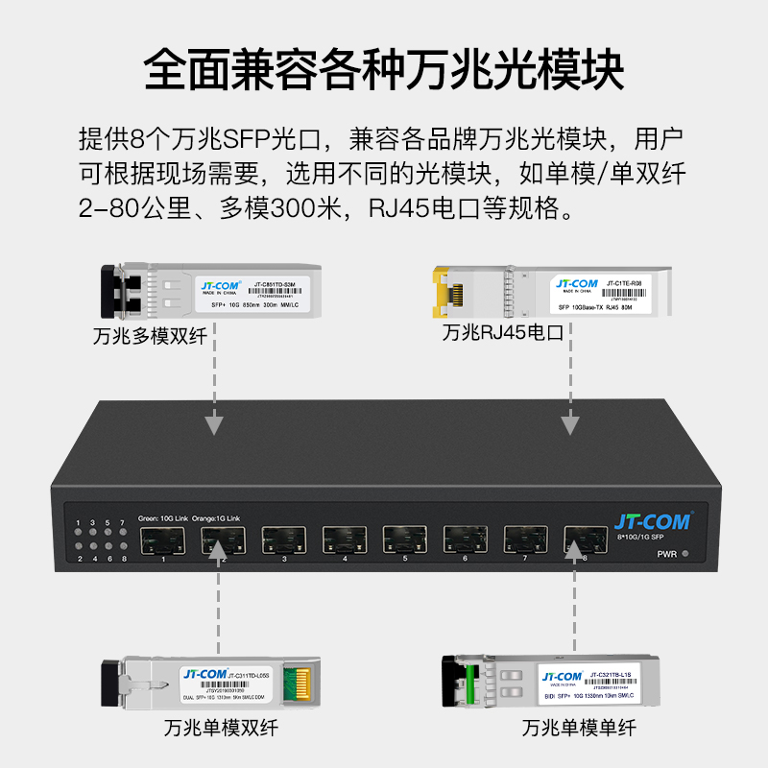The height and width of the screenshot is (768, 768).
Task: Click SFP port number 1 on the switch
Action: point(164,540)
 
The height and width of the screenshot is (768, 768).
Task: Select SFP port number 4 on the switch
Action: point(345,540)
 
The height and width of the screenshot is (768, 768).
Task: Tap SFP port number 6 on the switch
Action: point(466,540)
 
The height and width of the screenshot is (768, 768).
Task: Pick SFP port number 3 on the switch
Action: point(284,540)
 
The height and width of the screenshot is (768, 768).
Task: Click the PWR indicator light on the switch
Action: point(685,555)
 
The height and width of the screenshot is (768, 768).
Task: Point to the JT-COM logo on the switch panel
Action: point(652,522)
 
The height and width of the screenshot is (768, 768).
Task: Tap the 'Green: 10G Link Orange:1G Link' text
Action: point(195,518)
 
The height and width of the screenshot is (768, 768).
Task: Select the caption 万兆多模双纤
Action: point(150,337)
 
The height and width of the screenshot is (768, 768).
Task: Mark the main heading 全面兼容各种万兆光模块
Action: point(384,70)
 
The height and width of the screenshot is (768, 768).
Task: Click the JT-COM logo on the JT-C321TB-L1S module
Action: point(563,677)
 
